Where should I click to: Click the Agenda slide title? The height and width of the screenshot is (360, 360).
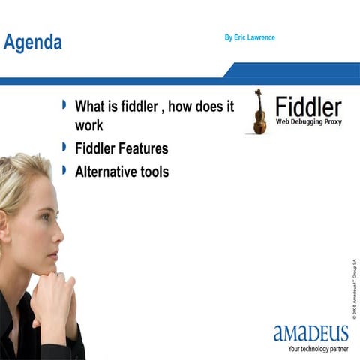pos(32,43)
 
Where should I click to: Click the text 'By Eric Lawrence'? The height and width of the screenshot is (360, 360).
pos(250,37)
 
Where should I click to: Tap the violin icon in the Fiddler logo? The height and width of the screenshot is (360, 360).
pos(259,112)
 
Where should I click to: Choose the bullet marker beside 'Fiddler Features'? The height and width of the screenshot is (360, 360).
pos(64,148)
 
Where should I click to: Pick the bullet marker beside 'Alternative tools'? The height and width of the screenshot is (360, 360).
pos(64,171)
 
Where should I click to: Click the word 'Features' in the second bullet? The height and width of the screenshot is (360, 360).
pos(142,148)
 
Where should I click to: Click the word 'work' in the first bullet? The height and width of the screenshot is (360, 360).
pos(88,125)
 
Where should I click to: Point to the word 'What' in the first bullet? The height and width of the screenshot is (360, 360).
pos(91,106)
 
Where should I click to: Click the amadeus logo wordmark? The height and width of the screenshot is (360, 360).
pos(311,332)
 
